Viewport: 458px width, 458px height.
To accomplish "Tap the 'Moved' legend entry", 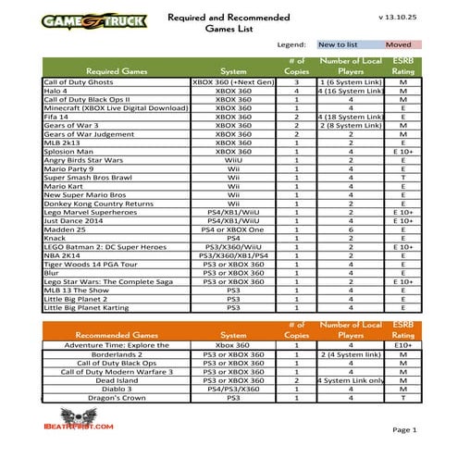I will pos(398,43).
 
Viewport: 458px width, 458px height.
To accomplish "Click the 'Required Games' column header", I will pos(115,70).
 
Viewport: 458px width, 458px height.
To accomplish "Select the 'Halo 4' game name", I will pos(57,92).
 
